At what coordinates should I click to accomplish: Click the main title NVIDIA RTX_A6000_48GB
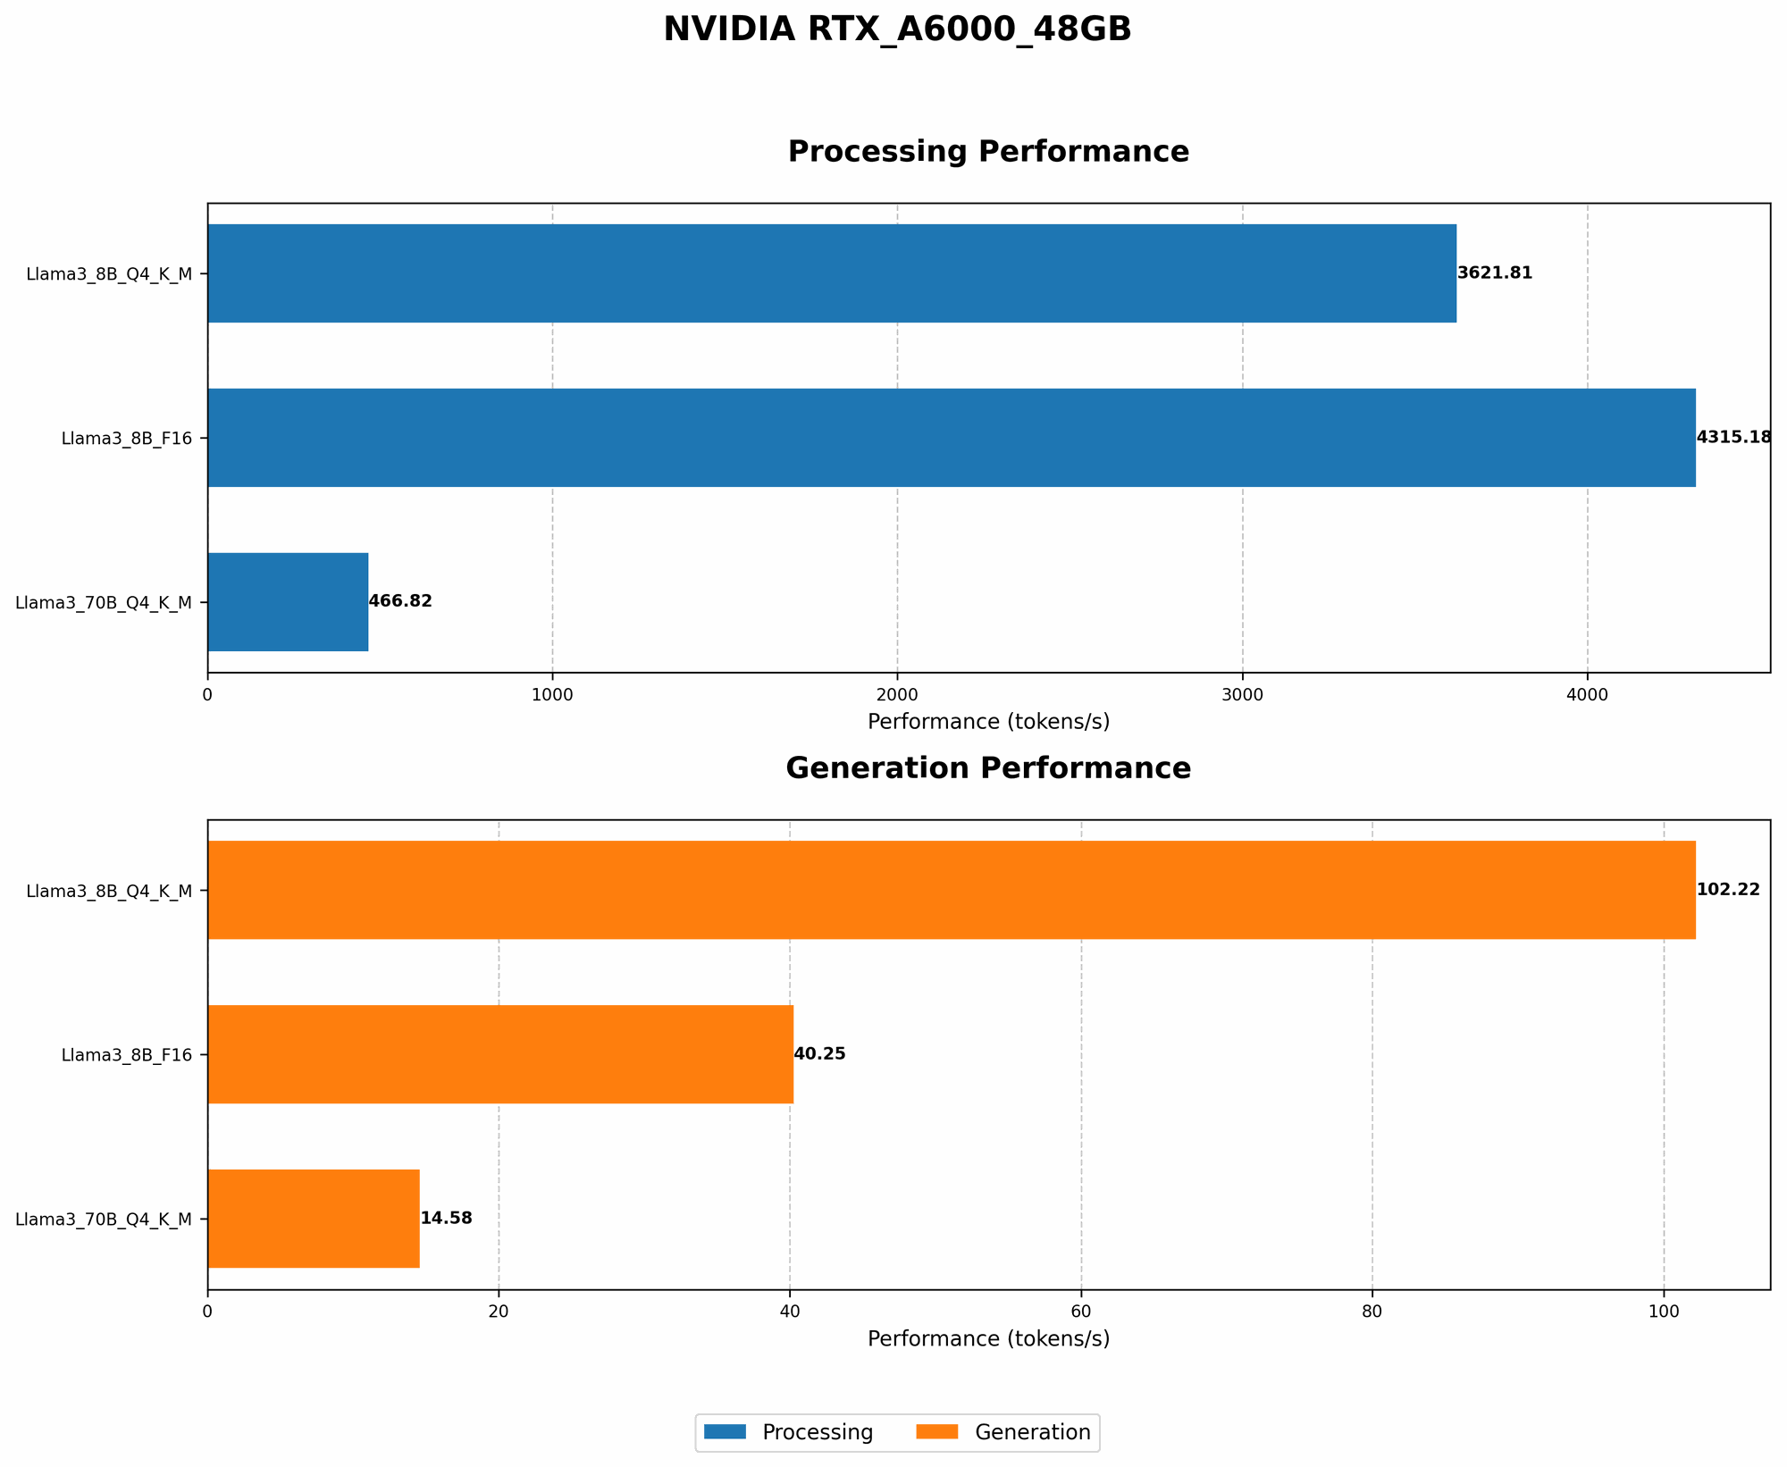coord(897,29)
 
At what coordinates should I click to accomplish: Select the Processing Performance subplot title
coord(988,152)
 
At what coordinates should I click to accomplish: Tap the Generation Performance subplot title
coord(988,768)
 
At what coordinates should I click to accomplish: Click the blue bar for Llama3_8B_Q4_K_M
coord(832,273)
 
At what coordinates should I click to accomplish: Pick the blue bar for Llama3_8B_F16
coord(952,438)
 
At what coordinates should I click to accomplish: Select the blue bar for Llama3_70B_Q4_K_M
coord(288,602)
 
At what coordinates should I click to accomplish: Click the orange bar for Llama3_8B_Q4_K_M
coord(952,890)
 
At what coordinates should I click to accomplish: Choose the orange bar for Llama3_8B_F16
coord(500,1054)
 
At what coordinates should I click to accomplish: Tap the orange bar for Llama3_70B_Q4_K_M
coord(314,1219)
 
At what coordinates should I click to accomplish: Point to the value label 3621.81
coord(1495,273)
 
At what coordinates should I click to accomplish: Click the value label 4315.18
coord(1733,438)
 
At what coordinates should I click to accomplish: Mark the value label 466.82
coord(400,602)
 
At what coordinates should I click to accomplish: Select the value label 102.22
coord(1728,890)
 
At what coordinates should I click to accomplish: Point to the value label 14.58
coord(446,1219)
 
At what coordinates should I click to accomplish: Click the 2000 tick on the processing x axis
coord(897,694)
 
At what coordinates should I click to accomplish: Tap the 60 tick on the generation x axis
coord(1081,1311)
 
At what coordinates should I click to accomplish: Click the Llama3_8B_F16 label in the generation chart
coord(126,1054)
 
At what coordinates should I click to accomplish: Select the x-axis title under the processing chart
coord(988,722)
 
